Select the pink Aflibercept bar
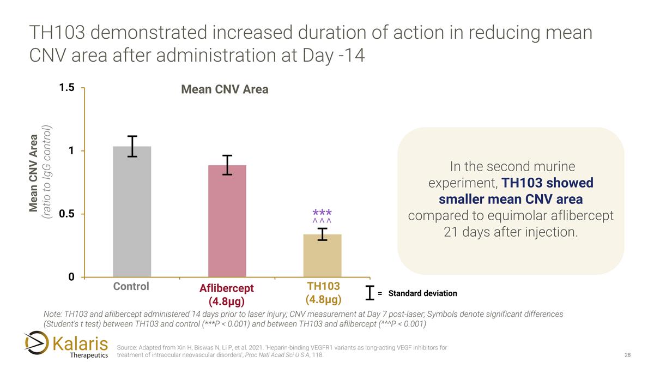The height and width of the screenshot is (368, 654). (x=227, y=221)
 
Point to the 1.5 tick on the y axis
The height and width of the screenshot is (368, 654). (x=67, y=87)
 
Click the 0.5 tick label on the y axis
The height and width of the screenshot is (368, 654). (x=67, y=214)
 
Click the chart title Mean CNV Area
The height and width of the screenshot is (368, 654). (x=225, y=89)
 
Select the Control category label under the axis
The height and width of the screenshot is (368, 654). (x=131, y=287)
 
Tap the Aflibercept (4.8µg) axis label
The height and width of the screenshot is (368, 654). (x=227, y=294)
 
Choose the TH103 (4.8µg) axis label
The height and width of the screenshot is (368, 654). (x=323, y=293)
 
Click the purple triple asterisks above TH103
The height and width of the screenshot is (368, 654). (x=322, y=212)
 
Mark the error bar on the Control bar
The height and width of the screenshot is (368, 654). (x=132, y=146)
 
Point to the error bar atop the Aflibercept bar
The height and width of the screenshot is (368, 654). (x=227, y=165)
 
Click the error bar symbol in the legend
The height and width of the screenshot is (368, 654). (x=371, y=293)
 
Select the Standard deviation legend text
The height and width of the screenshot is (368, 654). (x=422, y=293)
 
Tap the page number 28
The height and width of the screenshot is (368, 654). (x=627, y=355)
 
